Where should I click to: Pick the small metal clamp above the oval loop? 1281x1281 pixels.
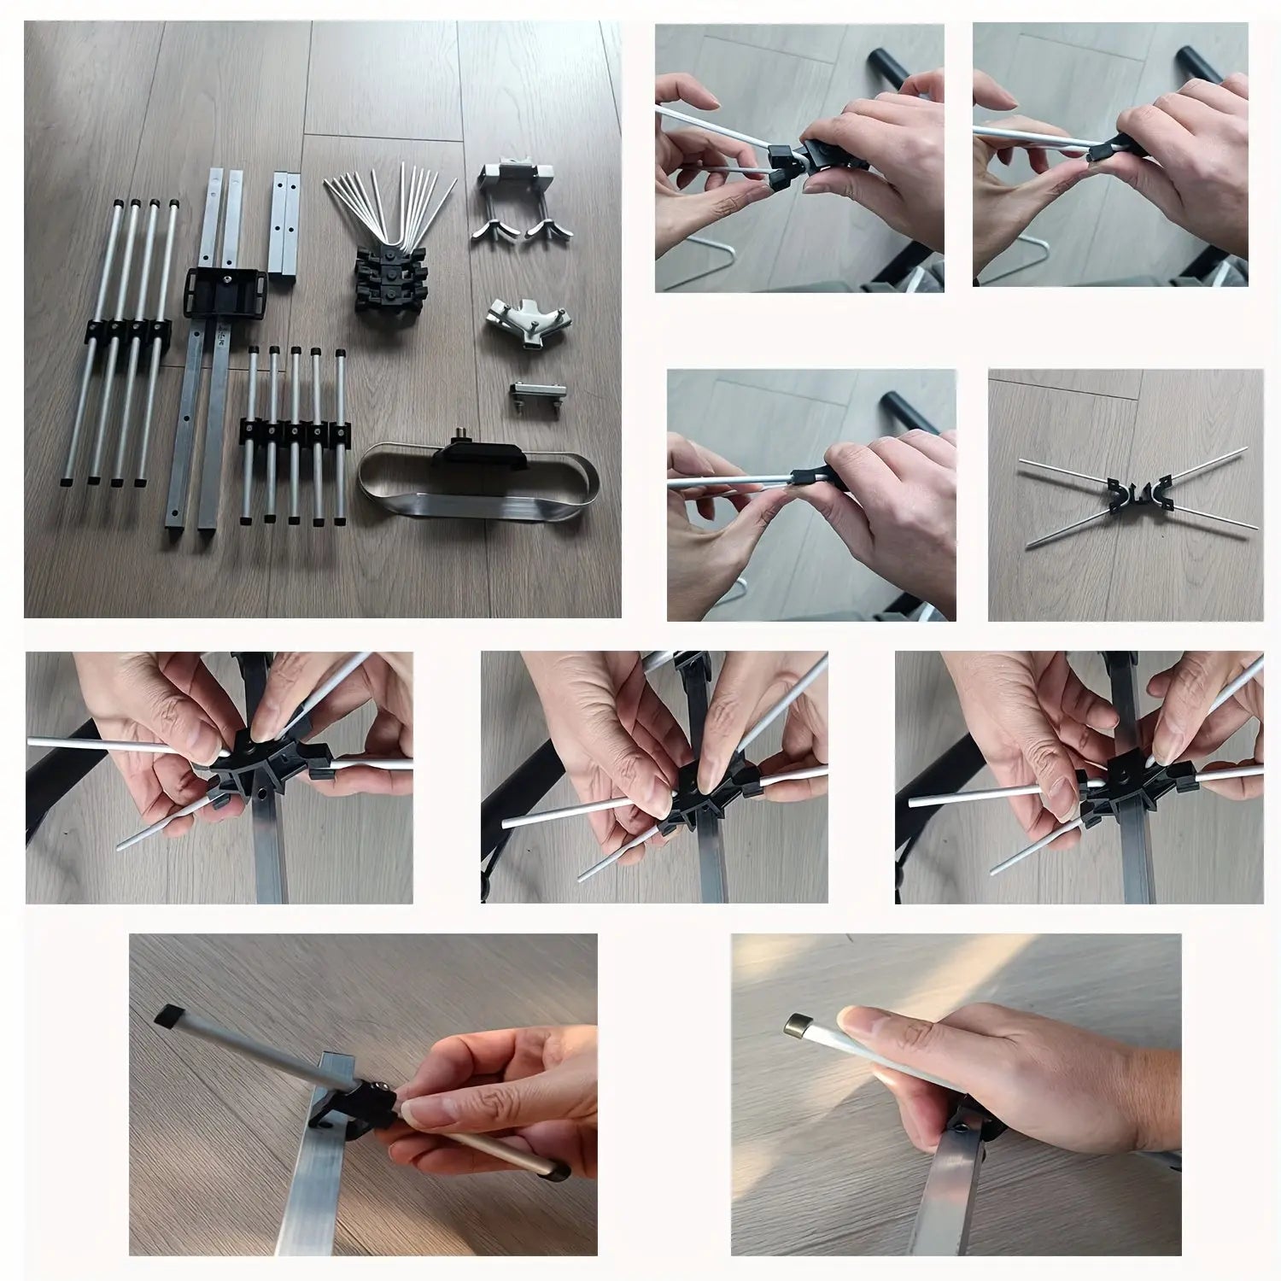click(531, 396)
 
